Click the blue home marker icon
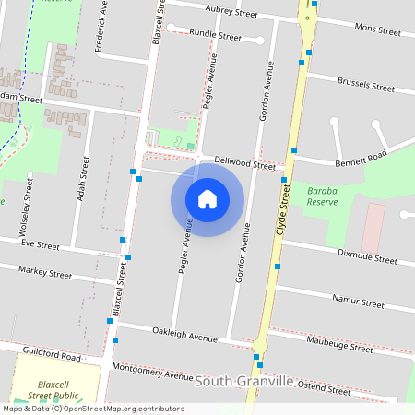[x=207, y=199]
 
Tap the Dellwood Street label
[x=244, y=163]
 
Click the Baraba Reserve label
[x=322, y=196]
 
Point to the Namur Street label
[x=360, y=302]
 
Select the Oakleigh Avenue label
[x=184, y=335]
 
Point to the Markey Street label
[x=47, y=274]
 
